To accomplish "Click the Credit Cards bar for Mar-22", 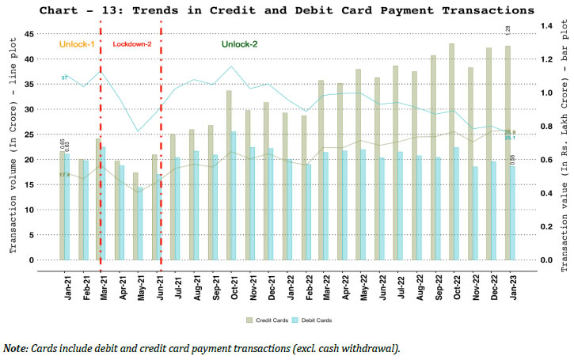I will (321, 169).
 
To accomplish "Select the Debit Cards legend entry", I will (314, 320).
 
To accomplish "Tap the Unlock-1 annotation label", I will (77, 45).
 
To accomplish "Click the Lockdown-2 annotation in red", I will (131, 45).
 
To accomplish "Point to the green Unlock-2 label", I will (240, 45).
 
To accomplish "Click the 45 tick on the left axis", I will (29, 35).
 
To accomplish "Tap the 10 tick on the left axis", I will (29, 210).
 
